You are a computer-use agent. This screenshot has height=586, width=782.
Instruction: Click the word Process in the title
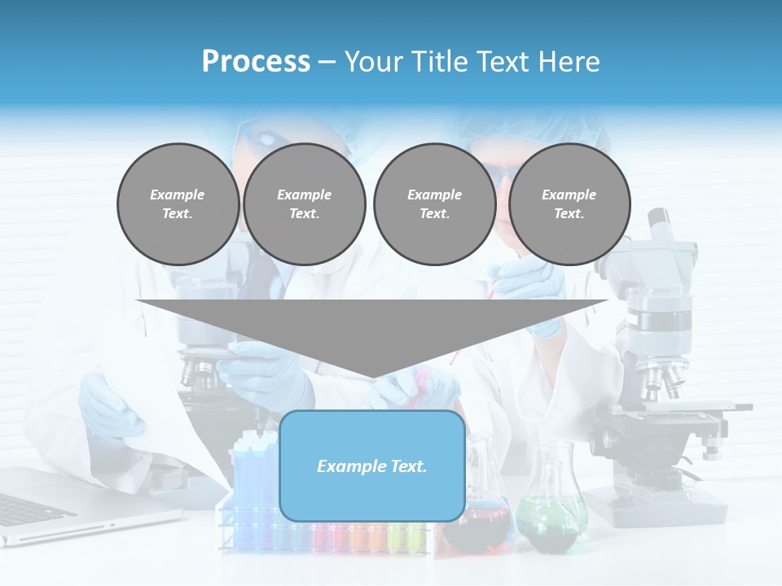(256, 62)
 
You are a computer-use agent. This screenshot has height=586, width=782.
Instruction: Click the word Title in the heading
(437, 62)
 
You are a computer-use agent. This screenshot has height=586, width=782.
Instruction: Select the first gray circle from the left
(178, 204)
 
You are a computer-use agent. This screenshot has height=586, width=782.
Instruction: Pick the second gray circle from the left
(305, 204)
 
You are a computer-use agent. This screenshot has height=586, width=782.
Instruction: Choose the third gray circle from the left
(434, 204)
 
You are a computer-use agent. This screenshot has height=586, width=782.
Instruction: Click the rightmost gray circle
(569, 204)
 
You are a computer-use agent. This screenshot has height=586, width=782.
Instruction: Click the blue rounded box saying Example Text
(372, 466)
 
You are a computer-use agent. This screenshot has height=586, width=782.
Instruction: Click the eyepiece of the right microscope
(659, 221)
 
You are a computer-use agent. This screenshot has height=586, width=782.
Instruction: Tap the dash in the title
(327, 62)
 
